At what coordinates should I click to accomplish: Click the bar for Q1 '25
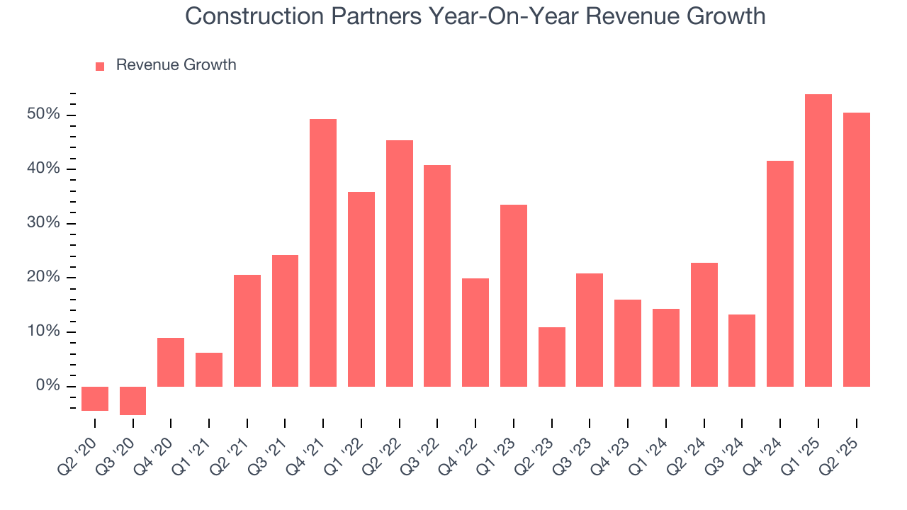(x=818, y=240)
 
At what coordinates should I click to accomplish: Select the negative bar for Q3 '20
(x=133, y=400)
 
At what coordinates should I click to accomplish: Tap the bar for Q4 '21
(x=323, y=253)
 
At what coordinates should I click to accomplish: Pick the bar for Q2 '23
(x=551, y=356)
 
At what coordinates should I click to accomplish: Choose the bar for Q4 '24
(x=779, y=273)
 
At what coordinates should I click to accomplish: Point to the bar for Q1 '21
(x=209, y=369)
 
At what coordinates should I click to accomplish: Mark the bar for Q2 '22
(x=399, y=263)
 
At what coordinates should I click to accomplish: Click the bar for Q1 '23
(x=514, y=295)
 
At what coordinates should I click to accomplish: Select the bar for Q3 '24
(x=742, y=350)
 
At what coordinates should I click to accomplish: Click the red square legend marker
(x=100, y=66)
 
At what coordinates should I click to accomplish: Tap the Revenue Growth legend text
(x=176, y=65)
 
